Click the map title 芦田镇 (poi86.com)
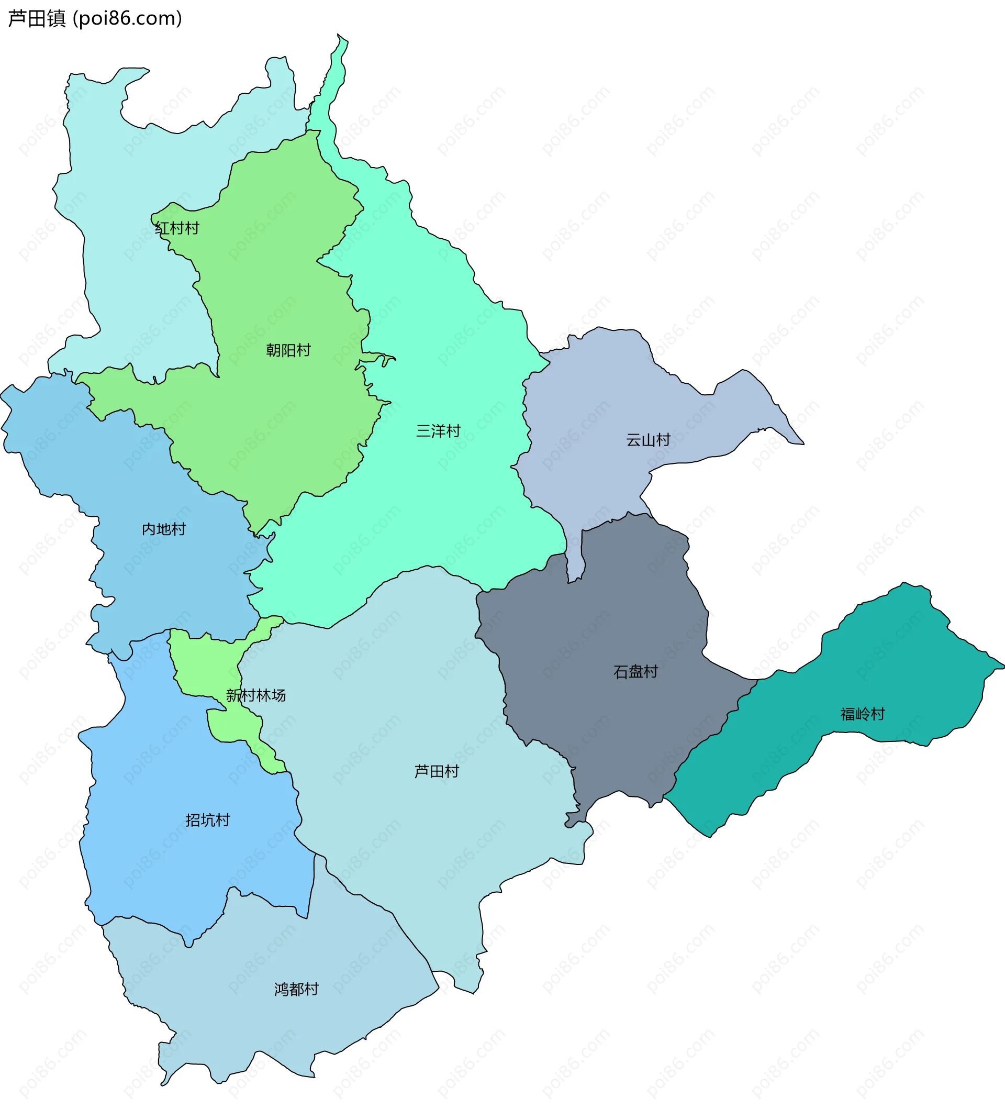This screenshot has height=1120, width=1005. pyautogui.click(x=95, y=19)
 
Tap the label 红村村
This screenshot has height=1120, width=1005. pyautogui.click(x=177, y=228)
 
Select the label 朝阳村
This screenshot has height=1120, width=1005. pyautogui.click(x=288, y=350)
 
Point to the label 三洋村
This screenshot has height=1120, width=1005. pyautogui.click(x=438, y=431)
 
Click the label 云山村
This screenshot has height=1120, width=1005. pyautogui.click(x=647, y=440)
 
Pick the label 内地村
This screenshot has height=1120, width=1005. pyautogui.click(x=163, y=529)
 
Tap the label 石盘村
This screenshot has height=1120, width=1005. pyautogui.click(x=635, y=672)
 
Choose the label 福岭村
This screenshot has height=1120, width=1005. pyautogui.click(x=863, y=714)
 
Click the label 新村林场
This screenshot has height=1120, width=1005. pyautogui.click(x=255, y=695)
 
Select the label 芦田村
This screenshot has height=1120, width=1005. pyautogui.click(x=436, y=771)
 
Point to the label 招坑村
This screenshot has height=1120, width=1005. pyautogui.click(x=208, y=820)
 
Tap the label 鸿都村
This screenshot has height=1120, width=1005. pyautogui.click(x=297, y=989)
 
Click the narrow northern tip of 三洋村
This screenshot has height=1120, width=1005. pyautogui.click(x=341, y=41)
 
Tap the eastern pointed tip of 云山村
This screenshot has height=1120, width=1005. pyautogui.click(x=802, y=443)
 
